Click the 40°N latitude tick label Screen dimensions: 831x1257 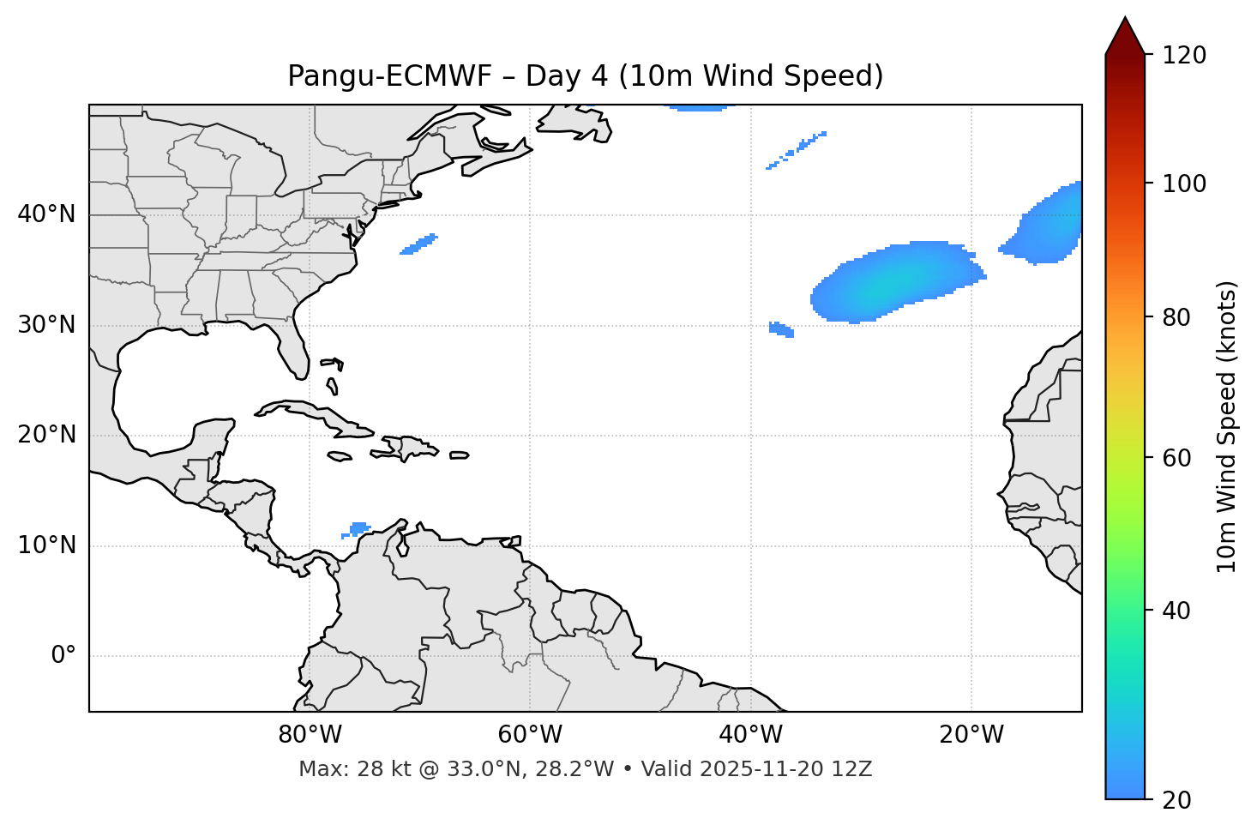[46, 214]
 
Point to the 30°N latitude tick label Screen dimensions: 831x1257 [46, 325]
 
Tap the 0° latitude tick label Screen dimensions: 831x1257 [63, 656]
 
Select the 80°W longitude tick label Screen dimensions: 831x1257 [310, 735]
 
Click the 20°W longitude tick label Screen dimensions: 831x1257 [971, 735]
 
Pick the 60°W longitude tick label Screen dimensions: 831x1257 [530, 735]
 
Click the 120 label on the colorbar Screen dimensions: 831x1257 [1184, 56]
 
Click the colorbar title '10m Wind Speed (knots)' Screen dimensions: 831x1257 [1227, 426]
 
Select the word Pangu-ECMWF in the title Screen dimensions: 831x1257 [389, 76]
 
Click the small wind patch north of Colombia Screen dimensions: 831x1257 [358, 528]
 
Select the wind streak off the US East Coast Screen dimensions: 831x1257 [419, 244]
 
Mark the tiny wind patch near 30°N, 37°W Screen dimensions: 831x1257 [781, 329]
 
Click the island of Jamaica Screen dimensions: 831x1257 [340, 456]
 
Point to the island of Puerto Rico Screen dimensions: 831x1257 [459, 455]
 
